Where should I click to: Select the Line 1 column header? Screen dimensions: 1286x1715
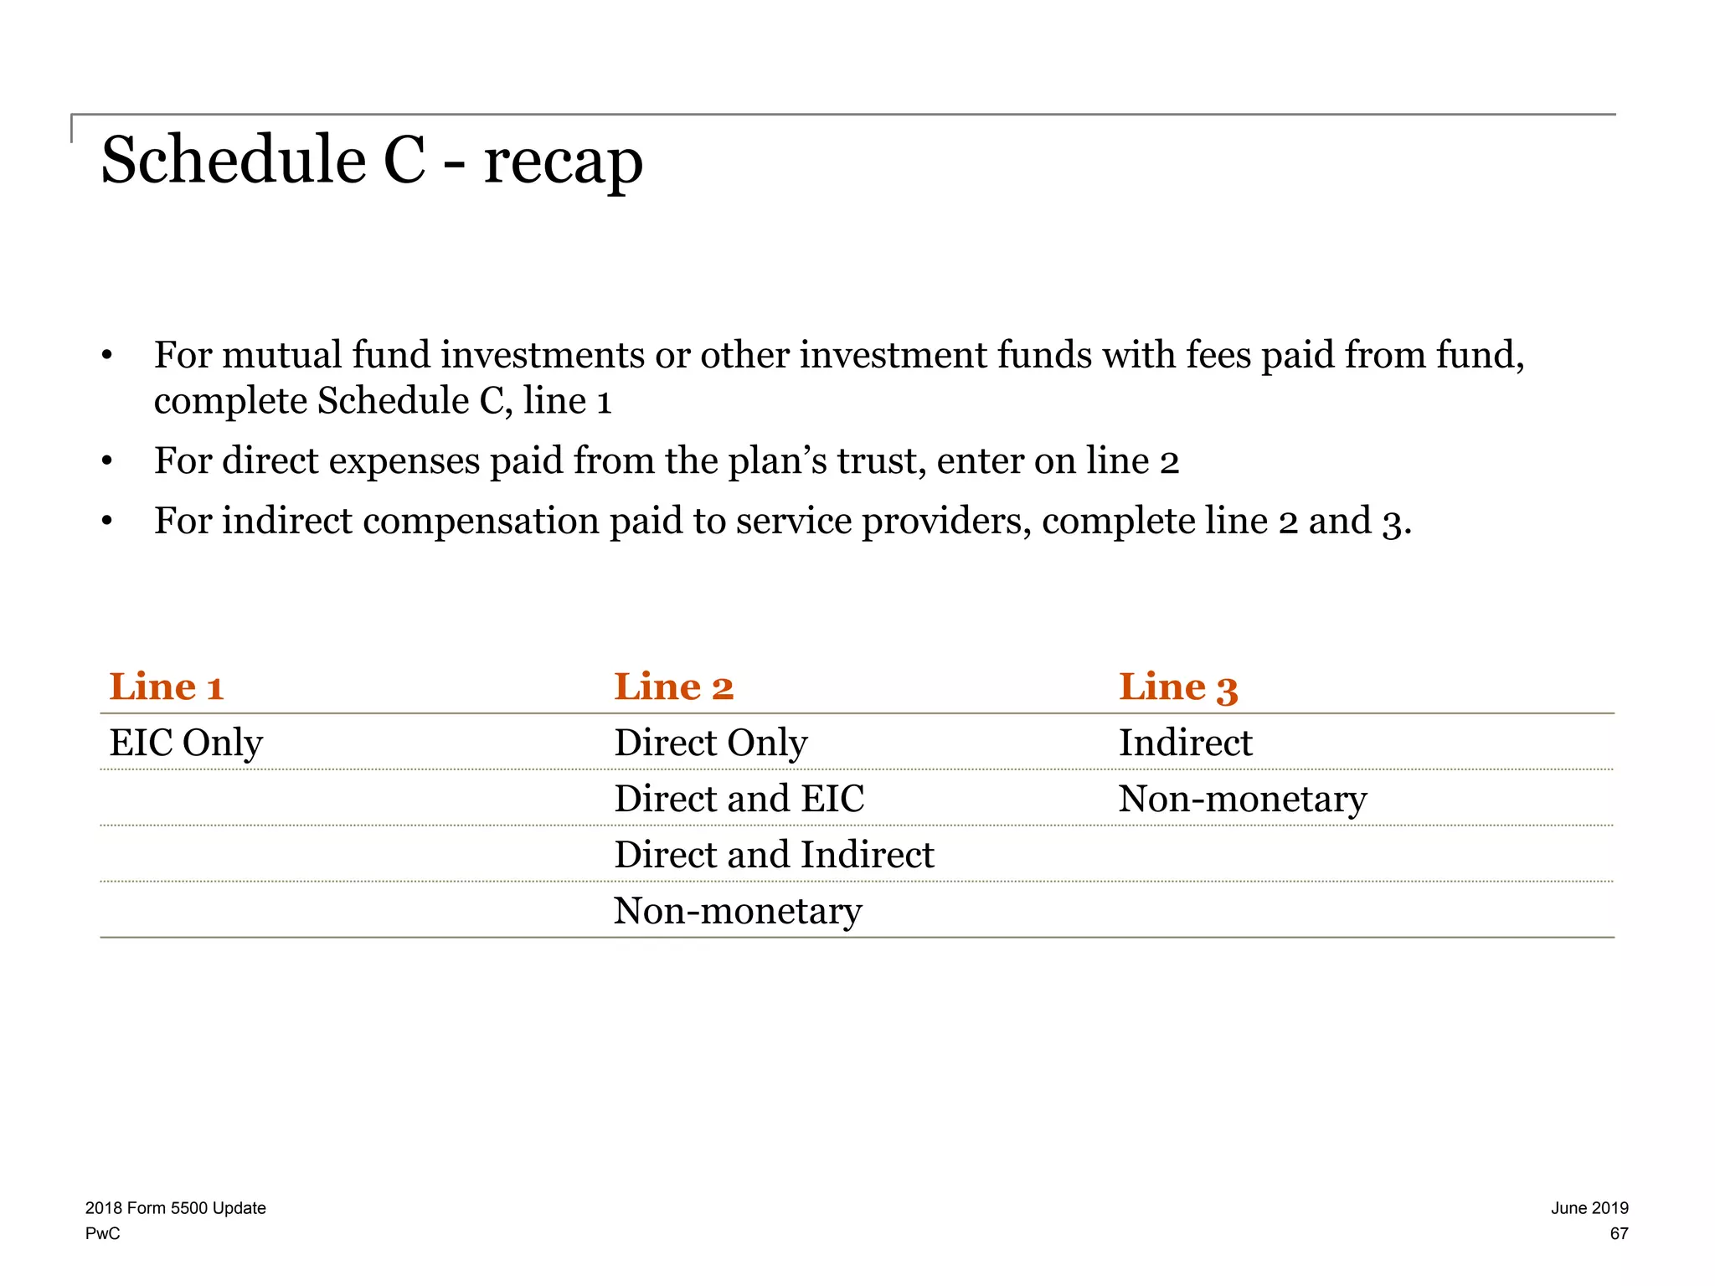click(x=167, y=687)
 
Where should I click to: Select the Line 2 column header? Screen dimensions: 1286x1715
click(x=673, y=687)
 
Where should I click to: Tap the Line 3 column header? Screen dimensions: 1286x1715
click(x=1177, y=687)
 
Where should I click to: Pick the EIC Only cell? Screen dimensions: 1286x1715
click(x=186, y=743)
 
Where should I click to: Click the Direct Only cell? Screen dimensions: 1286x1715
click(x=710, y=743)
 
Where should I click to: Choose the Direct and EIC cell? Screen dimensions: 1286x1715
click(x=739, y=799)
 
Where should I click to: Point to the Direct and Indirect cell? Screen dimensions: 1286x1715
click(x=774, y=855)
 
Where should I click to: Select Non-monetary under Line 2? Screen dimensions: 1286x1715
click(x=737, y=911)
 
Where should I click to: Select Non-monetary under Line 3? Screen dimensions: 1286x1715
click(x=1242, y=799)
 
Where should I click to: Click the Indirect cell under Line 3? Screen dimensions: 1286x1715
click(x=1185, y=743)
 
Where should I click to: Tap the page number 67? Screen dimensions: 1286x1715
click(x=1619, y=1233)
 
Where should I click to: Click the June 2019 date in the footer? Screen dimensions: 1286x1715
click(x=1589, y=1208)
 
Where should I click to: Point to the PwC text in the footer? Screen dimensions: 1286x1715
click(x=102, y=1233)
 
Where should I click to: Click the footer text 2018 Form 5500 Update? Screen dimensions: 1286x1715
click(x=175, y=1208)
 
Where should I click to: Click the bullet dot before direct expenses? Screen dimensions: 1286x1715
click(x=106, y=462)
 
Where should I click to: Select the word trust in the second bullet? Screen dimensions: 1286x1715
click(x=881, y=461)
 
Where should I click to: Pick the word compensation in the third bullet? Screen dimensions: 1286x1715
click(x=480, y=522)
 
